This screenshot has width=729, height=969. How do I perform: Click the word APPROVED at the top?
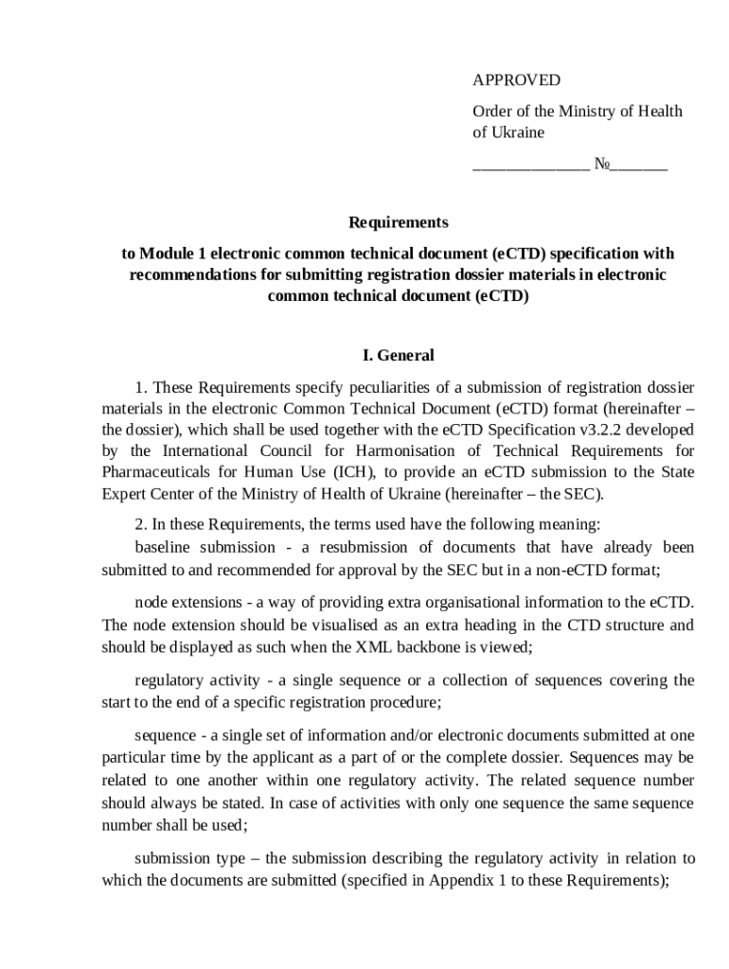click(516, 80)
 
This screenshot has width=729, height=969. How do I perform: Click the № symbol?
click(602, 164)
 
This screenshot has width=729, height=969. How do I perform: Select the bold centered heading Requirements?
click(398, 223)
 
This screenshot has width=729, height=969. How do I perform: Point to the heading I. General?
click(398, 356)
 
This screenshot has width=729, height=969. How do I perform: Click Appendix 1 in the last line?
click(465, 880)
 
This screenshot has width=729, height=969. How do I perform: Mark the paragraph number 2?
click(140, 524)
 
